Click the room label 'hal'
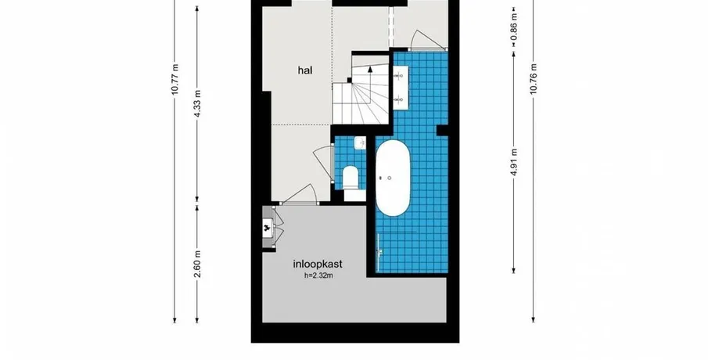tap(305, 70)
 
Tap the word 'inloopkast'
tap(318, 265)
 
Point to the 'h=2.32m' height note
tap(318, 275)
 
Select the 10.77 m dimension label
tap(175, 80)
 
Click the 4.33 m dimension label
tap(197, 103)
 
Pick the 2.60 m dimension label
tap(197, 265)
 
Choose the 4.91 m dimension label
tap(514, 162)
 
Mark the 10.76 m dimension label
tap(534, 80)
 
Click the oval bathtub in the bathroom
tap(393, 178)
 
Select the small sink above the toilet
tap(360, 144)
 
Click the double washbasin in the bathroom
tap(400, 87)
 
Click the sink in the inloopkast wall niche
tap(268, 228)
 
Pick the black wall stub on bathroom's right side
tap(443, 130)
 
